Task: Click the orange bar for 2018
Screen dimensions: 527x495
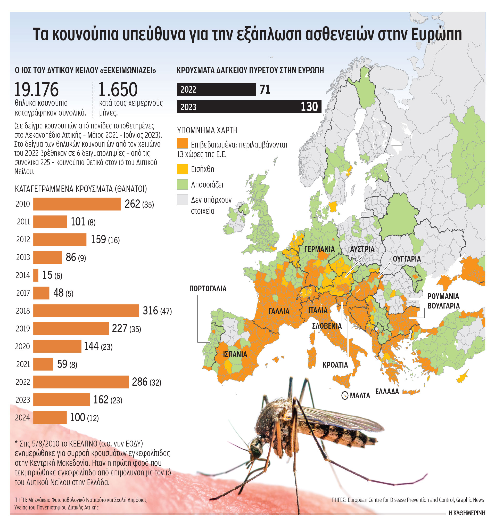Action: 86,311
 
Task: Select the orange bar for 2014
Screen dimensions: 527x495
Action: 36,275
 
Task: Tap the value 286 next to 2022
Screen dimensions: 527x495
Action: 139,382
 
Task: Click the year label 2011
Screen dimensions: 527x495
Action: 23,222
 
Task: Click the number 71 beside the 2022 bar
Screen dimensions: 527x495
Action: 265,89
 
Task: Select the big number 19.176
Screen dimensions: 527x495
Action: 36,90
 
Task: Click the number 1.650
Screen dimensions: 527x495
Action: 118,90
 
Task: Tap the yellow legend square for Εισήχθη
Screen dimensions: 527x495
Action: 182,169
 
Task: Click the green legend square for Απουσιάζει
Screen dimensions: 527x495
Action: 182,184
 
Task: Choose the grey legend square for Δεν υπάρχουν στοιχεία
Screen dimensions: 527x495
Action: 182,200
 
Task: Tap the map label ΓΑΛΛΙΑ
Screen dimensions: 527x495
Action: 278,311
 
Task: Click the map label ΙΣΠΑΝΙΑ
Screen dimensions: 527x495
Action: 235,354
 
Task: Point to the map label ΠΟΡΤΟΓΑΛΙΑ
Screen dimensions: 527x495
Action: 208,289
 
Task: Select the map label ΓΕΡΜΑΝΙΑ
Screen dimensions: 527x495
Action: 319,249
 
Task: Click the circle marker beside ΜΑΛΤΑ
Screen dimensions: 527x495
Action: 344,396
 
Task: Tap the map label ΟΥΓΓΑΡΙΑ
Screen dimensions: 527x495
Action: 407,259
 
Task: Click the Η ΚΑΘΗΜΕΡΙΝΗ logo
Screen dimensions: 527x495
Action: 467,520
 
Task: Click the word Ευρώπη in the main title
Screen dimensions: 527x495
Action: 436,35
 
